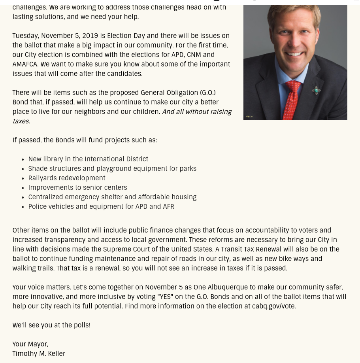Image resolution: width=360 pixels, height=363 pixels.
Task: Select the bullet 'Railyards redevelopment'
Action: [x=67, y=178]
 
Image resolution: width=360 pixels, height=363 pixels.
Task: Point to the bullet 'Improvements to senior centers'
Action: [x=77, y=187]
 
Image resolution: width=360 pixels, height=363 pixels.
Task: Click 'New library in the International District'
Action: [x=88, y=159]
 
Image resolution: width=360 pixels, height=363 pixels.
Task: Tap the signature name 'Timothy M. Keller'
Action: [x=39, y=354]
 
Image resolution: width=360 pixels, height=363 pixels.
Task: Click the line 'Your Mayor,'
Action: [x=30, y=344]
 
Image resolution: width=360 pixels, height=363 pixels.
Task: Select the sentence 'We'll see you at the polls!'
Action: [x=51, y=325]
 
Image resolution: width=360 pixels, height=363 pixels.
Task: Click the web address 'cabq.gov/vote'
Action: [x=273, y=306]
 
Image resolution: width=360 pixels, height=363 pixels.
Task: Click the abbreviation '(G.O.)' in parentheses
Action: [x=208, y=93]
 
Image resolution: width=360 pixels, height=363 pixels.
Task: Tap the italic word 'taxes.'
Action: [x=21, y=121]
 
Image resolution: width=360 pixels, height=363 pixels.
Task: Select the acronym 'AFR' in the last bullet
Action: [x=168, y=206]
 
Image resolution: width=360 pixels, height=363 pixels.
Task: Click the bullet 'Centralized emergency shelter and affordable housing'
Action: [x=112, y=197]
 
